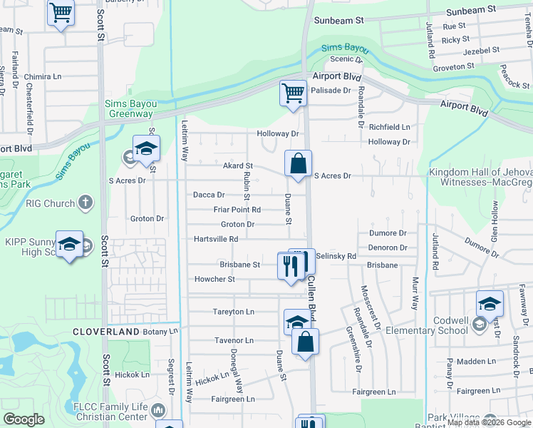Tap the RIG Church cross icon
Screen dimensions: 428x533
click(x=86, y=203)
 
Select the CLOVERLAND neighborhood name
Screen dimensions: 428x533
click(x=105, y=332)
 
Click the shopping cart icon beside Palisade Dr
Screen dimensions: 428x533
click(x=293, y=93)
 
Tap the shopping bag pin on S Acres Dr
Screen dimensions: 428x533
click(x=298, y=163)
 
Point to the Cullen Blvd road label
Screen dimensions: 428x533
click(x=312, y=300)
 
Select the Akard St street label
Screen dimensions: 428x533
click(x=238, y=165)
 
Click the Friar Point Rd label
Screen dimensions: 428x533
click(x=237, y=210)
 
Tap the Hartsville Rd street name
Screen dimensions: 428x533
click(x=216, y=239)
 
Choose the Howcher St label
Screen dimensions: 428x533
click(x=214, y=280)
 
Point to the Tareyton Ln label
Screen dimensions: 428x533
click(x=234, y=312)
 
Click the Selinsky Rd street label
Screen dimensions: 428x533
click(x=336, y=255)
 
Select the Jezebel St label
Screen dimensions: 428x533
click(x=478, y=52)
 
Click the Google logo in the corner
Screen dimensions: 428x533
click(x=23, y=419)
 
